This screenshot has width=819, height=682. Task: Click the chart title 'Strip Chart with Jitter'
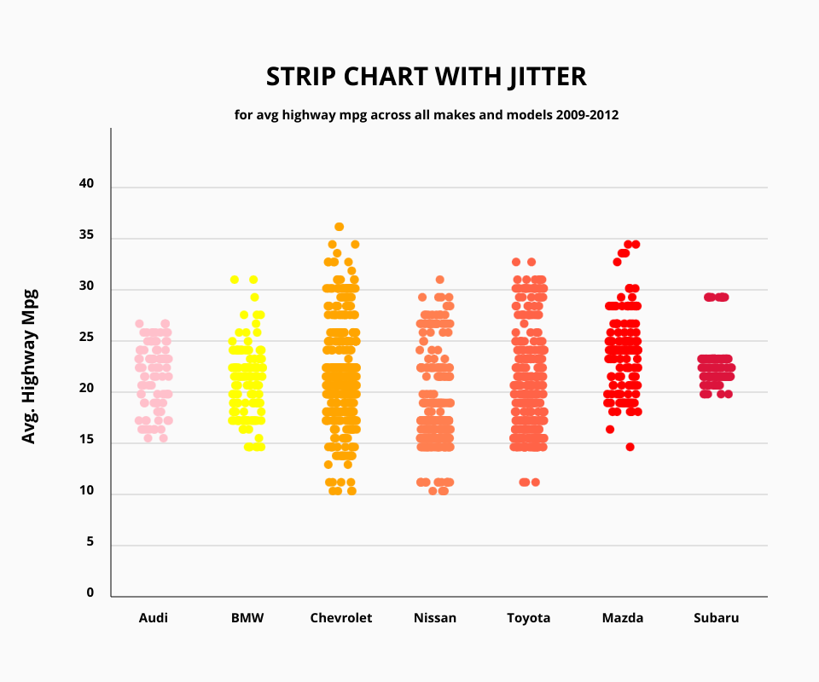click(426, 77)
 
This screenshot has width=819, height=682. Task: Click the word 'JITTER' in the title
click(549, 77)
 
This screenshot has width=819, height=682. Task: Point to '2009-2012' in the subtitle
click(588, 114)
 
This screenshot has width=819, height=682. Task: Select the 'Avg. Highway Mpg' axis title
click(29, 364)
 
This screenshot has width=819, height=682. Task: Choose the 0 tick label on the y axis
click(89, 593)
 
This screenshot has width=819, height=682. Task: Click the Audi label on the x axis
click(154, 618)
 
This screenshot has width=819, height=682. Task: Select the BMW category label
click(247, 618)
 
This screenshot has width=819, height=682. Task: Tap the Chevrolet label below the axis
click(341, 618)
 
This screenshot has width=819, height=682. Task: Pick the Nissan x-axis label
click(435, 618)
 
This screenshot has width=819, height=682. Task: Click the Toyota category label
click(529, 618)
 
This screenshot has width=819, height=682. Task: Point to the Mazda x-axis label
click(623, 618)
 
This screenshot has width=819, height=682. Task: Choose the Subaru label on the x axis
click(717, 618)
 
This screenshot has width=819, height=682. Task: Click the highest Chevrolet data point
click(339, 227)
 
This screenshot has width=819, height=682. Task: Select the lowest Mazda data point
click(630, 447)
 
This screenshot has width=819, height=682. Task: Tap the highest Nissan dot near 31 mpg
click(440, 280)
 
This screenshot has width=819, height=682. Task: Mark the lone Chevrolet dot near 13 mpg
click(328, 465)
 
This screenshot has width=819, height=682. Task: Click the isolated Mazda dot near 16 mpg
click(610, 429)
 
